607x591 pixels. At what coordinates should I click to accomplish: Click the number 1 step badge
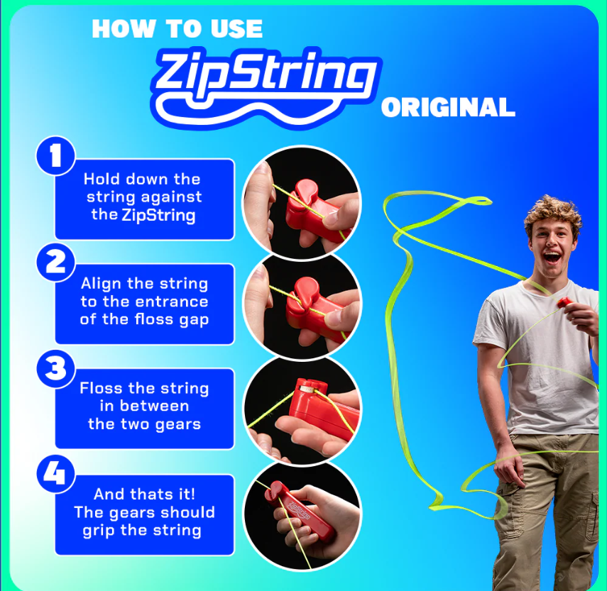[x=55, y=156]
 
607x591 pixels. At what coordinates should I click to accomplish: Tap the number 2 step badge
[x=55, y=262]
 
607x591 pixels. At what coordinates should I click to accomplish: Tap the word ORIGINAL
[x=447, y=108]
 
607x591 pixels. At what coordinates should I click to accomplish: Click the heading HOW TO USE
[x=177, y=29]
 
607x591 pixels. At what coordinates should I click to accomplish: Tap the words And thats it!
[x=143, y=495]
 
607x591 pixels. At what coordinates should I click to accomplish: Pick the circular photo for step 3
[x=302, y=409]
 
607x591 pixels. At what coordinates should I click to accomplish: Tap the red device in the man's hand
[x=564, y=303]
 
